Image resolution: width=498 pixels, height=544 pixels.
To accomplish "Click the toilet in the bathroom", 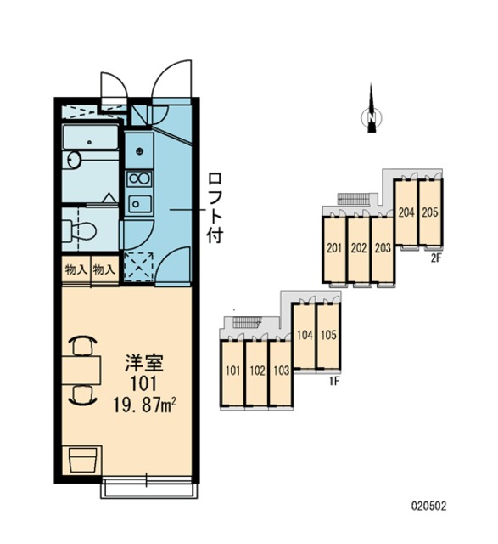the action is [x=79, y=230].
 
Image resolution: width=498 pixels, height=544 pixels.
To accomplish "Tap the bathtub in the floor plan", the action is [x=91, y=138].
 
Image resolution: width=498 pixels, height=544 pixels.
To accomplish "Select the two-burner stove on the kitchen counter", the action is [x=140, y=179].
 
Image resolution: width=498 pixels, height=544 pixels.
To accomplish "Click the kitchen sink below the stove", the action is [x=140, y=204].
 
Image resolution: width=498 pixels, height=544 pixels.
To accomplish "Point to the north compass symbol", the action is [x=372, y=111].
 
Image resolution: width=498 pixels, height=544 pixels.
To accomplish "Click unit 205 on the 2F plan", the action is [x=430, y=212].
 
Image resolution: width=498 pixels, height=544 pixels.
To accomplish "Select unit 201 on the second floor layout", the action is [x=334, y=249].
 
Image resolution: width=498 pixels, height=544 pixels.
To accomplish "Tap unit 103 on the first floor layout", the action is [x=281, y=371].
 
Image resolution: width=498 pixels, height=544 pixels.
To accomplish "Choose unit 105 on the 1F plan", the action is [x=328, y=335].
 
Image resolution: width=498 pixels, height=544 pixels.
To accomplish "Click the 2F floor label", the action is [x=436, y=258].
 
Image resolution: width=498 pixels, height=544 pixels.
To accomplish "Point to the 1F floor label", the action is [x=334, y=382].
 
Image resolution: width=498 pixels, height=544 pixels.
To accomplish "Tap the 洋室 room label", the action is [x=143, y=363].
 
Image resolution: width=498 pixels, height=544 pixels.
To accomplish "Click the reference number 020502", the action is [x=429, y=506].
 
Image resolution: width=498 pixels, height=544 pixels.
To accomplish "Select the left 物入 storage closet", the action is [x=76, y=269].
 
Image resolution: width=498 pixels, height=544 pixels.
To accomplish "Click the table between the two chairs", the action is [x=81, y=370].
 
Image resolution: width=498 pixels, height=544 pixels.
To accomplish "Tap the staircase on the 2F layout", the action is [x=354, y=199].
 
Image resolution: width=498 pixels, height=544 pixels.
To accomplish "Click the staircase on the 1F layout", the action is [x=247, y=322].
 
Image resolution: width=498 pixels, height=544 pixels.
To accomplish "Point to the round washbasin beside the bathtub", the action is [x=74, y=161].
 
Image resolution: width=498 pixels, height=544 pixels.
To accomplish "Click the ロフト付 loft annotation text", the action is [x=215, y=208].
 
